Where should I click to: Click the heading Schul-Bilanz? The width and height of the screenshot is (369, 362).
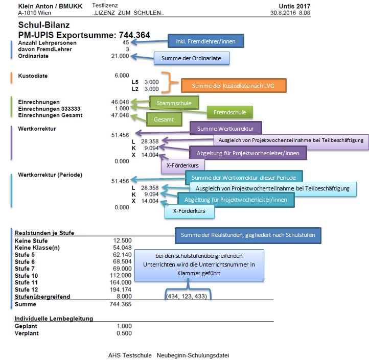[43, 25]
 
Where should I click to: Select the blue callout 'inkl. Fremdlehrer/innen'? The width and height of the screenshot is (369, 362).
[206, 41]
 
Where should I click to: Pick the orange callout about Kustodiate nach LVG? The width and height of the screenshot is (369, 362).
[234, 85]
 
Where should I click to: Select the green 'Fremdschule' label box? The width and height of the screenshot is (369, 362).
[229, 112]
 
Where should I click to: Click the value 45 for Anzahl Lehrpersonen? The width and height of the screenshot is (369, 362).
[126, 43]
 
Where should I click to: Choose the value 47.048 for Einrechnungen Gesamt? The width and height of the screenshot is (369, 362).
[121, 115]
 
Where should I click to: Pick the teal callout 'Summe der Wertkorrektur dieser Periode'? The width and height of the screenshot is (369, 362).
[244, 178]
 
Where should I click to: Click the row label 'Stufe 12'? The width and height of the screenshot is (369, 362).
[27, 290]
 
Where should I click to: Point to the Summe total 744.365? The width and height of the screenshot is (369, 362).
[121, 304]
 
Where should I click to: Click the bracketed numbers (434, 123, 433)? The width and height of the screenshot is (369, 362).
[188, 296]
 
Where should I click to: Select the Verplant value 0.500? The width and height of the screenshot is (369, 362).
[123, 333]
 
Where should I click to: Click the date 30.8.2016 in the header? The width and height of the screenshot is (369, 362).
[284, 12]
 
